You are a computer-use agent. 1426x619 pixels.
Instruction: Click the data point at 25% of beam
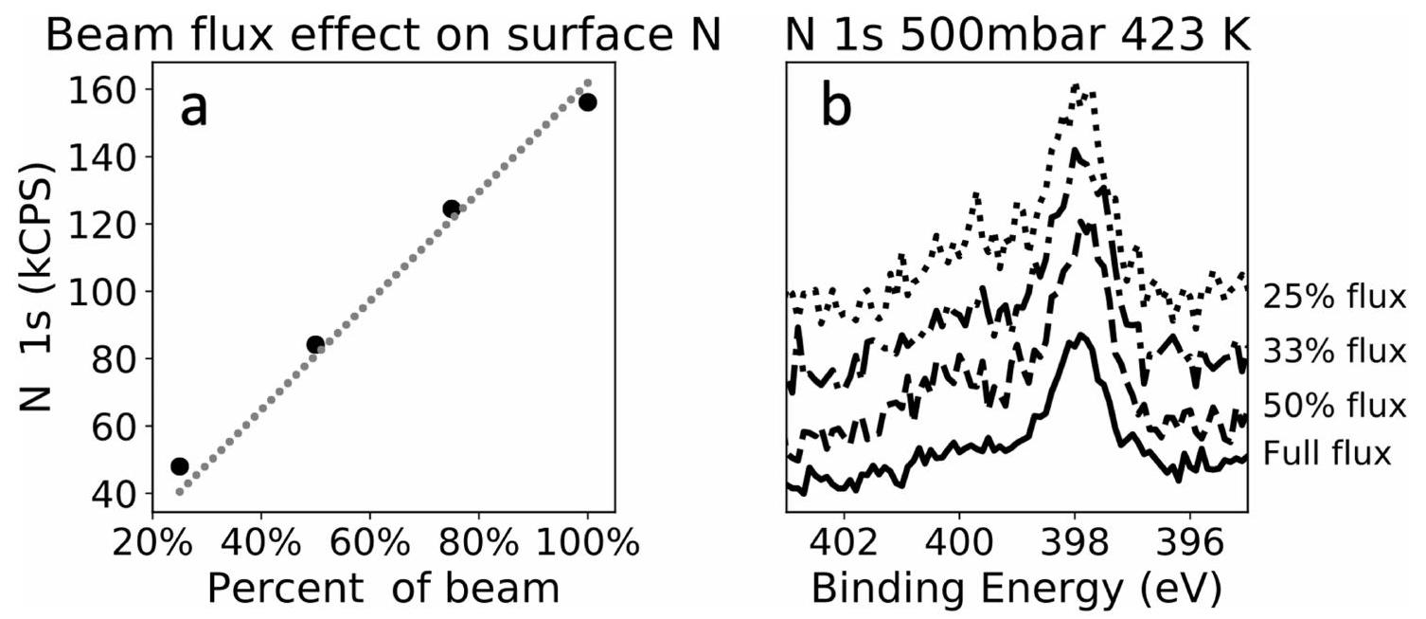180,465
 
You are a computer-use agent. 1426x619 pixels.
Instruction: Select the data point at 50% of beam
315,344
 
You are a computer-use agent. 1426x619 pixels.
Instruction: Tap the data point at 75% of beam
451,209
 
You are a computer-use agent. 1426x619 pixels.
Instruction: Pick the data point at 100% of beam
587,101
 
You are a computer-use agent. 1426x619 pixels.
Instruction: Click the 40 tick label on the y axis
116,494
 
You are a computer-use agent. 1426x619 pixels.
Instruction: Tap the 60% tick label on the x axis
369,547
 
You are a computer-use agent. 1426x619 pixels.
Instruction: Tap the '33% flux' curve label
1334,351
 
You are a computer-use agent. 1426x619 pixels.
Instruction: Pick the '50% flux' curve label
1334,406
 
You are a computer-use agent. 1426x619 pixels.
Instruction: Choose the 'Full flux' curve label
1327,453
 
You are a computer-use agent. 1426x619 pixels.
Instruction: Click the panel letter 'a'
194,109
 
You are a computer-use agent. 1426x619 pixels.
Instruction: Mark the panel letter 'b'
836,109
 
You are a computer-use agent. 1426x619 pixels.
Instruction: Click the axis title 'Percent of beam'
383,589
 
